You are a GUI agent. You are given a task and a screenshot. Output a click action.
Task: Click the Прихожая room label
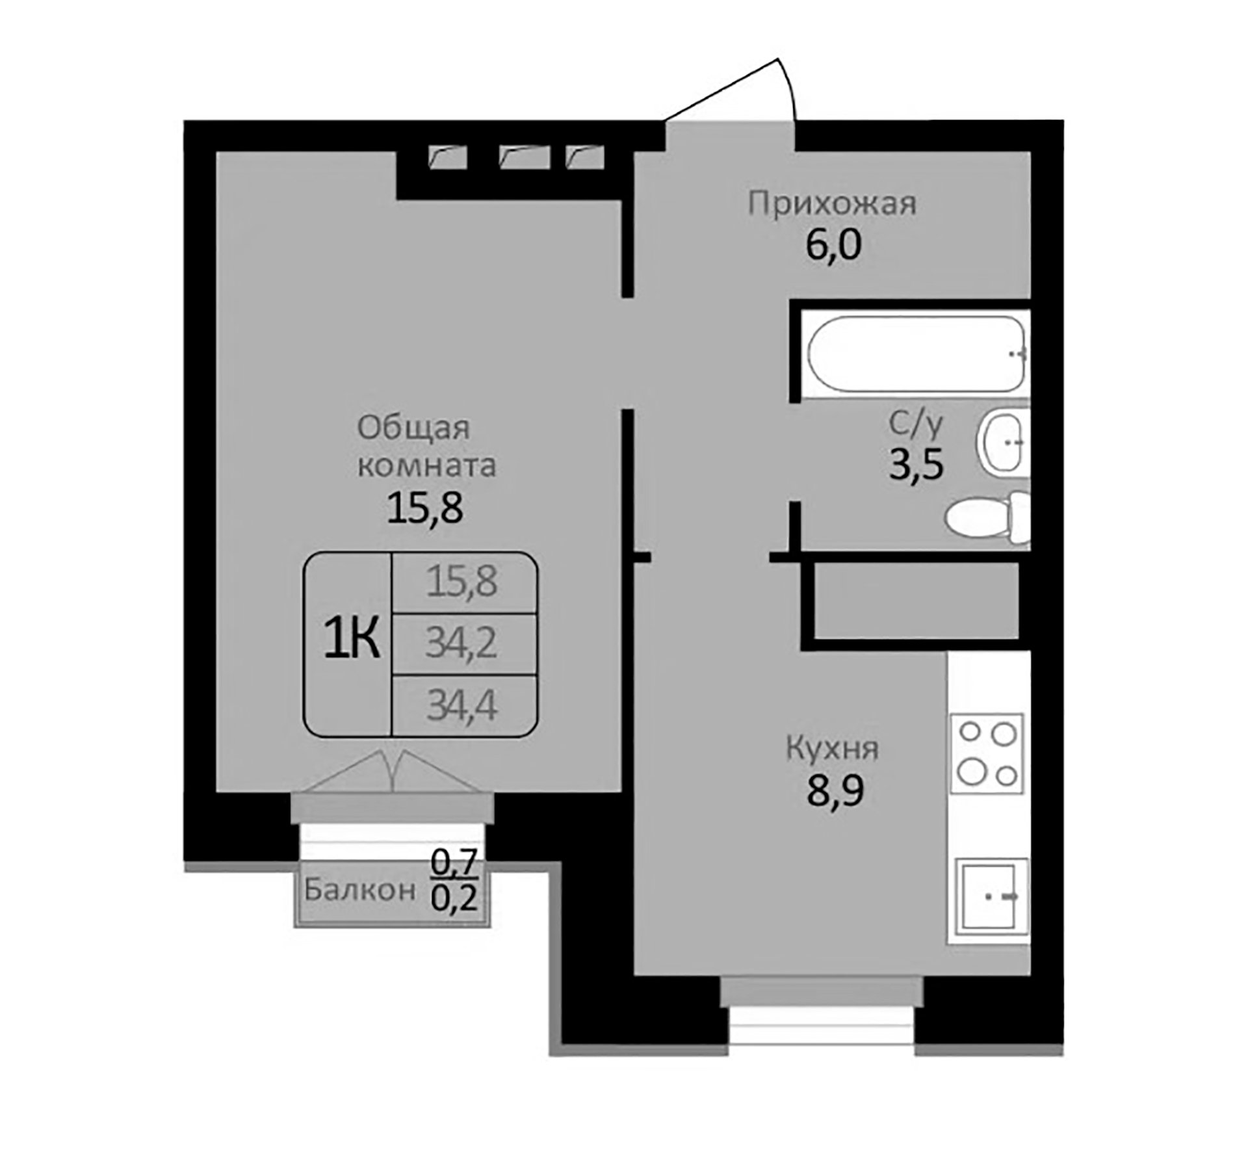(x=832, y=203)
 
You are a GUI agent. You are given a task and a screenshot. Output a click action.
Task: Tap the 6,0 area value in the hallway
(x=833, y=246)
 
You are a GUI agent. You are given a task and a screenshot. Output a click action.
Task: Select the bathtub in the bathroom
(x=916, y=354)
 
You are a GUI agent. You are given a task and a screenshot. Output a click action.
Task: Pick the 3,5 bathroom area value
(x=916, y=465)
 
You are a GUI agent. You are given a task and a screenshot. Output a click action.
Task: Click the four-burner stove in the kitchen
(x=987, y=753)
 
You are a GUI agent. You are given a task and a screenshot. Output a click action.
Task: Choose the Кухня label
(x=832, y=748)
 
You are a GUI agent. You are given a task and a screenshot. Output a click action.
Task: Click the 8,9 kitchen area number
(x=835, y=792)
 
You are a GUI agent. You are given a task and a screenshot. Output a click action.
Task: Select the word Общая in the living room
(x=413, y=428)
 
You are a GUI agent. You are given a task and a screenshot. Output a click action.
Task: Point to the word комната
(x=426, y=465)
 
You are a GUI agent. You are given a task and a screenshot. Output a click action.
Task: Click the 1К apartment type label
(x=351, y=640)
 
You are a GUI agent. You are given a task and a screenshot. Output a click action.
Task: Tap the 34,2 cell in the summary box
(x=462, y=643)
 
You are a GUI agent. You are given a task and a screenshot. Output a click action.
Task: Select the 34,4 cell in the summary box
(x=462, y=706)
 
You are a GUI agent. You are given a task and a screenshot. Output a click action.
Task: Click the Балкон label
(x=359, y=889)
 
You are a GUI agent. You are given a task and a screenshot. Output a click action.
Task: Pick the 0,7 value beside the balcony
(x=455, y=863)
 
